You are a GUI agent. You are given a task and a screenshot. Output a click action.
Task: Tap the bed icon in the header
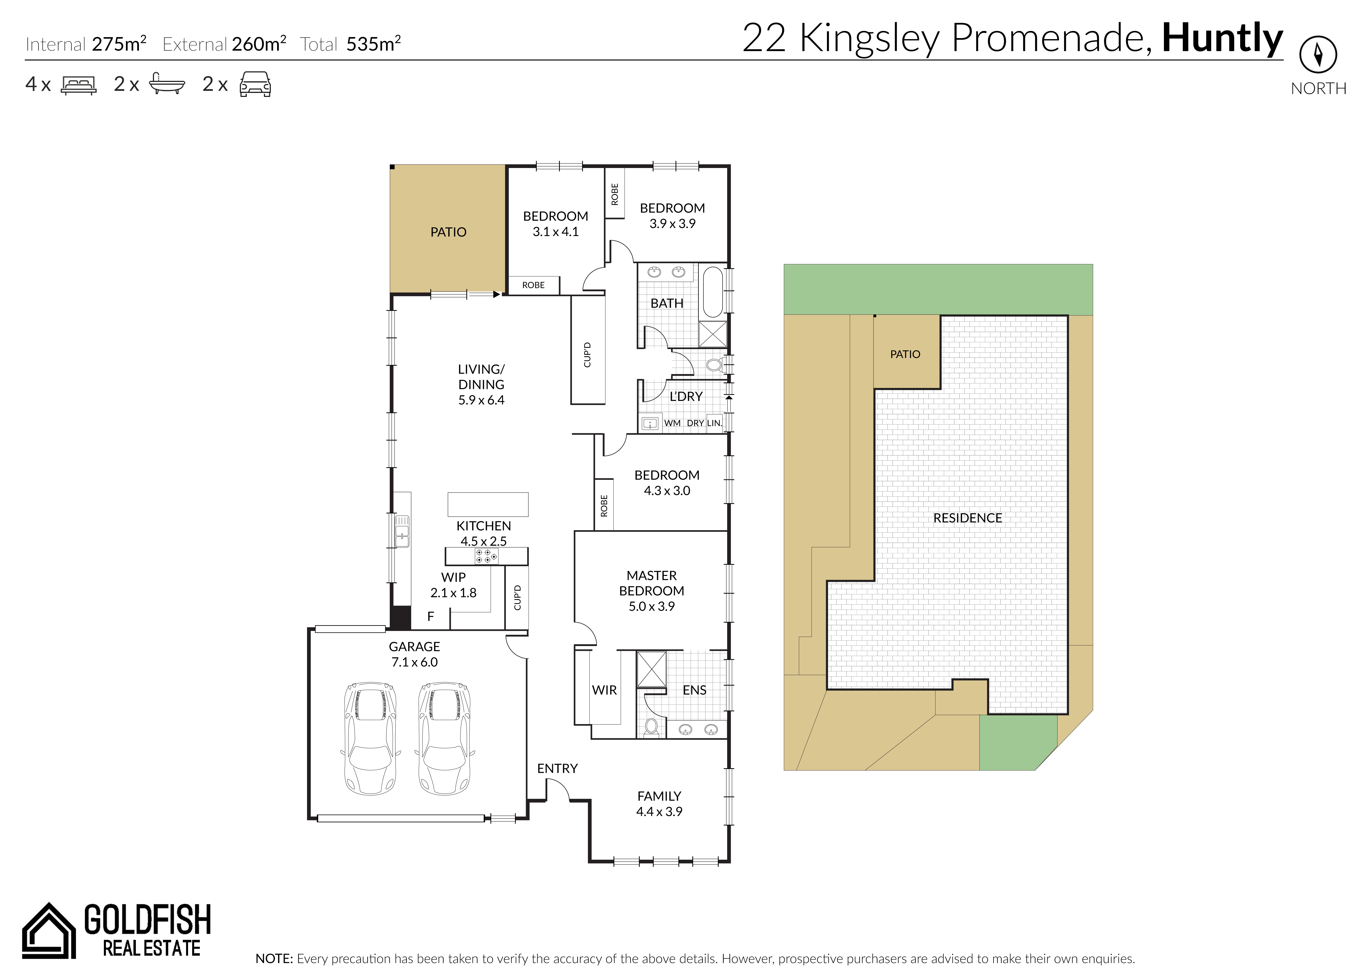tap(78, 85)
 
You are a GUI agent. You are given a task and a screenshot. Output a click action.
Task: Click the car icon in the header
tap(255, 84)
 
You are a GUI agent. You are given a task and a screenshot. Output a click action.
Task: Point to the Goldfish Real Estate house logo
tap(49, 930)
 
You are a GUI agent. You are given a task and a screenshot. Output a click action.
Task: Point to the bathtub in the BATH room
tap(713, 292)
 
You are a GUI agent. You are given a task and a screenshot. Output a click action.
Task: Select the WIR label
tap(604, 690)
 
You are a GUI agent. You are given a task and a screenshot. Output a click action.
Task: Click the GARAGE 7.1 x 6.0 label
tap(414, 654)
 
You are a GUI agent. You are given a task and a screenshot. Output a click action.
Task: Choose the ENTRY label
tap(557, 768)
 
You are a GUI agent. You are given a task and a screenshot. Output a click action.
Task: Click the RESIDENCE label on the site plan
tap(967, 518)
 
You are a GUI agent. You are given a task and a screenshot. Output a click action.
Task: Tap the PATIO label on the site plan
tap(905, 354)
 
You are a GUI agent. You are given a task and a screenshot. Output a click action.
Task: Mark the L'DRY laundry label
tap(686, 396)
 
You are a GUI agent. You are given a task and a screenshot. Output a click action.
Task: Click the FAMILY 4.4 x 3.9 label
tap(659, 803)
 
